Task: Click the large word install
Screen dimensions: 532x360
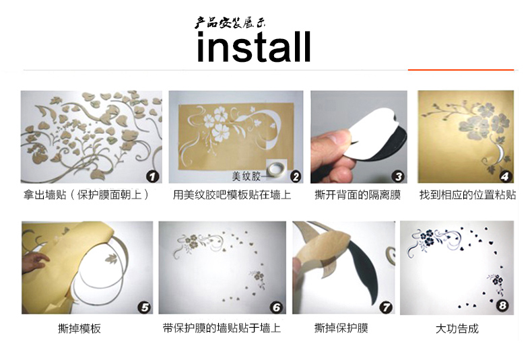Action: (x=254, y=47)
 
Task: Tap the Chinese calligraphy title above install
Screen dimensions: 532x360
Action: (x=230, y=22)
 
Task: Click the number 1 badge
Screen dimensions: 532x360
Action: (x=153, y=176)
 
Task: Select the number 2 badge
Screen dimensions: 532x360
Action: (x=296, y=176)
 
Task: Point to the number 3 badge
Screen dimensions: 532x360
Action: (x=398, y=176)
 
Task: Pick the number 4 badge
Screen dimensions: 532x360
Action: (x=505, y=176)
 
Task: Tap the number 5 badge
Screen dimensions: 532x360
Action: (x=144, y=308)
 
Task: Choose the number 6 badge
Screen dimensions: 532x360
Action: (x=277, y=308)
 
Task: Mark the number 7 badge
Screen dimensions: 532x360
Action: (x=386, y=308)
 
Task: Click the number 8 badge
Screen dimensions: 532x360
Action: (x=503, y=305)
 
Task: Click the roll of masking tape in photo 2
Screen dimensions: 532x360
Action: (x=276, y=168)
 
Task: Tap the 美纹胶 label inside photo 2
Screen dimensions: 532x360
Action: (x=246, y=176)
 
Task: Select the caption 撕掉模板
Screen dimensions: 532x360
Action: (x=79, y=328)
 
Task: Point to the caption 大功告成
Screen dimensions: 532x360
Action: (x=457, y=328)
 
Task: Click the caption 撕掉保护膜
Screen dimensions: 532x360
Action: (x=341, y=328)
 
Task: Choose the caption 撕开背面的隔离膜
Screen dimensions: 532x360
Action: (x=358, y=194)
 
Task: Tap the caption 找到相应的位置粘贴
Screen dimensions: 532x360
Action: (x=467, y=194)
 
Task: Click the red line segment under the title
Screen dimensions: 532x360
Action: (x=461, y=69)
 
